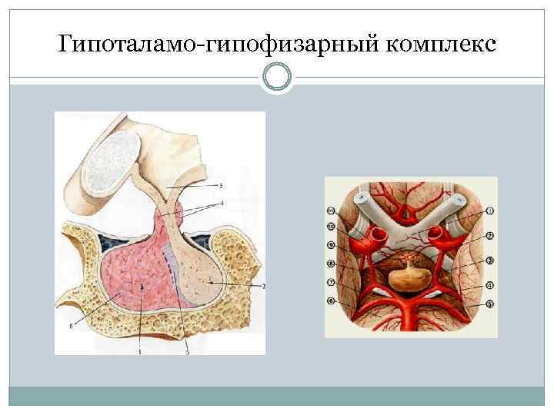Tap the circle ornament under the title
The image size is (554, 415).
click(x=276, y=77)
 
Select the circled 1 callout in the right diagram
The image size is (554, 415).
click(x=490, y=210)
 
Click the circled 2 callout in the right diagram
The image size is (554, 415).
click(x=490, y=236)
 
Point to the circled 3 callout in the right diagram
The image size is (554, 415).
click(x=490, y=261)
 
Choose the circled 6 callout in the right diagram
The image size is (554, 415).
click(x=332, y=302)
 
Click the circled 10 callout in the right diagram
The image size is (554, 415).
click(x=332, y=227)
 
